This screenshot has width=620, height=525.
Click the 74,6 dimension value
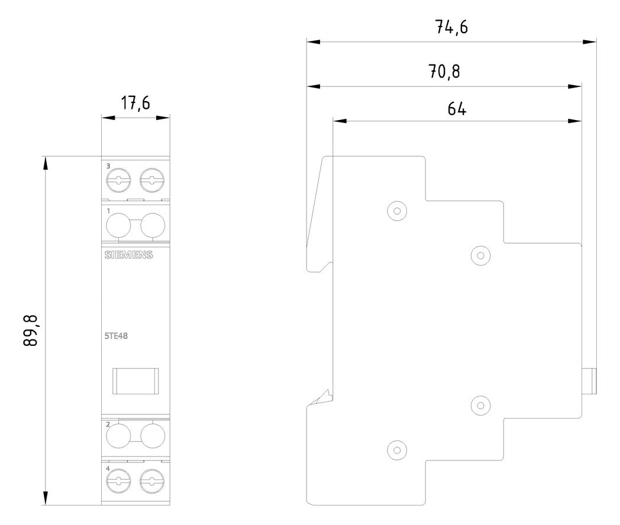click(x=451, y=27)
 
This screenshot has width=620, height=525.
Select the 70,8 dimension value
click(x=444, y=72)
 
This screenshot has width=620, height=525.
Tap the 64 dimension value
click(x=457, y=108)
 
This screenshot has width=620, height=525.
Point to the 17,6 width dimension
click(x=135, y=103)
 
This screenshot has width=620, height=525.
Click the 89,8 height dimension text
click(x=30, y=330)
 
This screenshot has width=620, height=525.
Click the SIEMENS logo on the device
click(x=128, y=255)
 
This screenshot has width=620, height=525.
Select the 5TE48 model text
click(x=116, y=336)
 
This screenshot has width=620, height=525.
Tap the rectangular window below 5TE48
click(x=135, y=381)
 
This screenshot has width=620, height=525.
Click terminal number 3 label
click(x=108, y=166)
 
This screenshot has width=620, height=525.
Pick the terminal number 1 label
click(x=108, y=211)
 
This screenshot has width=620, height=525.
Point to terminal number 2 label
click(x=108, y=424)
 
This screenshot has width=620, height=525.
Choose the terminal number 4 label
click(x=108, y=468)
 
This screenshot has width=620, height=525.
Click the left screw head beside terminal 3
click(x=118, y=180)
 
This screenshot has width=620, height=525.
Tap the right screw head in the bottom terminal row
click(x=152, y=481)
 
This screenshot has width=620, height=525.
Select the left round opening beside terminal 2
click(x=118, y=436)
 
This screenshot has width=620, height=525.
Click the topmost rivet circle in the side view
click(x=397, y=210)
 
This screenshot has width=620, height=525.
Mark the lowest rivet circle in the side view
click(x=397, y=450)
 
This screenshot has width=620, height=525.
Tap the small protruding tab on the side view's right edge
click(x=589, y=381)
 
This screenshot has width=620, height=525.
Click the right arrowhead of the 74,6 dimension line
click(x=590, y=41)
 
